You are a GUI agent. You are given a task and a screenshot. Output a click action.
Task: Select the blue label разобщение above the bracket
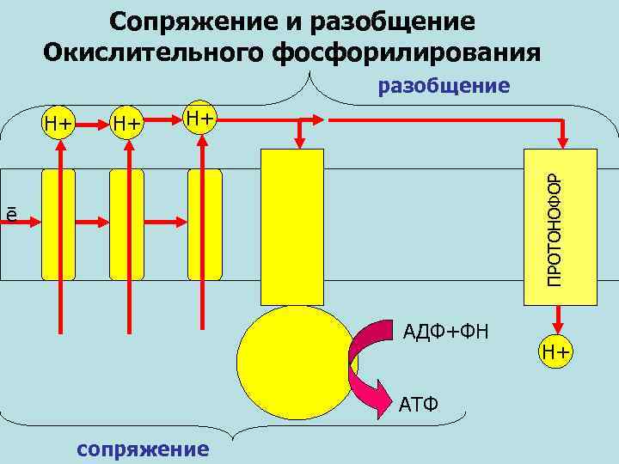coord(444,86)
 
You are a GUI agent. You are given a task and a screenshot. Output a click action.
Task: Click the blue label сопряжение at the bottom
coord(143,449)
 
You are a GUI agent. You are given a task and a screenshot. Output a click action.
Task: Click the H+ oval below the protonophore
coord(556,351)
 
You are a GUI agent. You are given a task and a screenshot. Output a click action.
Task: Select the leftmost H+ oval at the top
coord(58,124)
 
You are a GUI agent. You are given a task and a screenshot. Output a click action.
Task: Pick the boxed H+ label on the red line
coord(201,117)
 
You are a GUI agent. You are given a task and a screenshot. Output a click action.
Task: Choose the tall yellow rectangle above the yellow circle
coord(291,228)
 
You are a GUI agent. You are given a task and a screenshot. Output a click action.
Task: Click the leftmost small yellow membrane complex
coord(58,223)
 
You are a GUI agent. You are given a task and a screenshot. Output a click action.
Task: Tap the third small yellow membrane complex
coord(205,223)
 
